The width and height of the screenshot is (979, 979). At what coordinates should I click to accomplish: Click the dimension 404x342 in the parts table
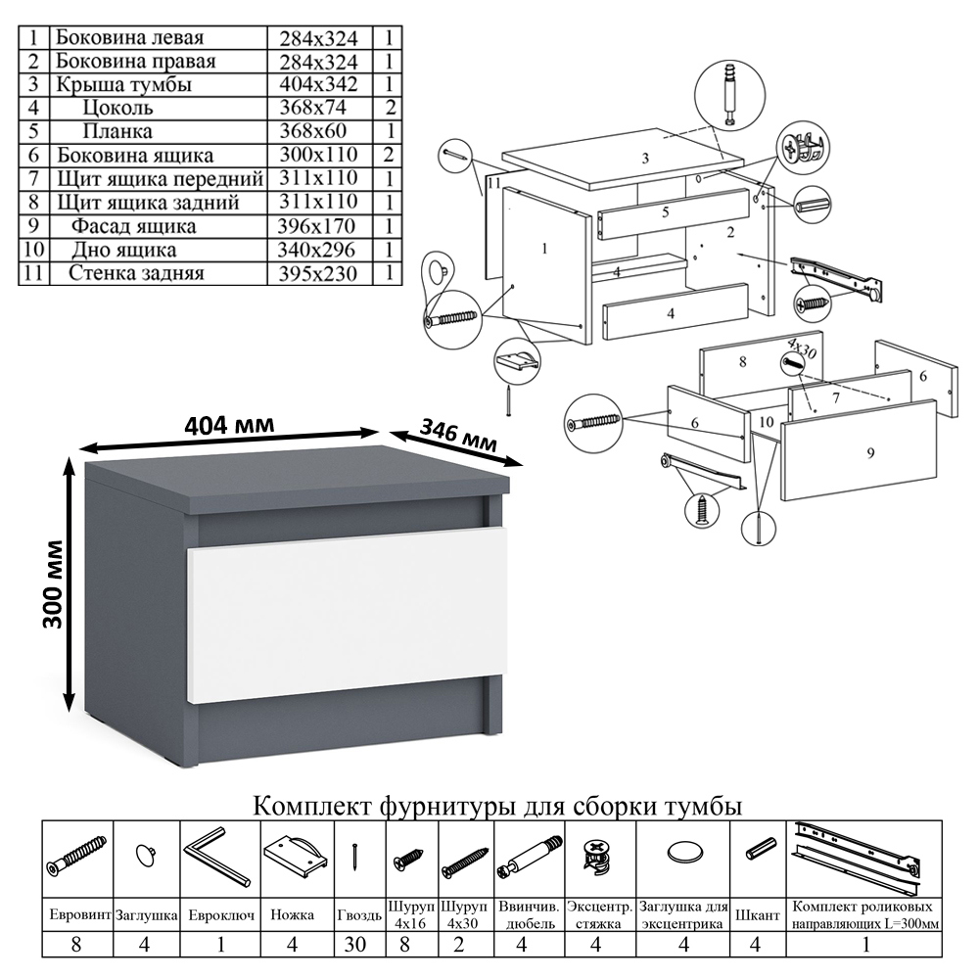[320, 85]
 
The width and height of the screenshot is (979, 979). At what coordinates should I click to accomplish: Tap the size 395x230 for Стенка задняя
[320, 273]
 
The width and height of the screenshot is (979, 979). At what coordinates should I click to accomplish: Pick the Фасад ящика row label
[133, 226]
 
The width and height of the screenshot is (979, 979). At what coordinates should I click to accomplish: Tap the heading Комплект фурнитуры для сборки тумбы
[497, 807]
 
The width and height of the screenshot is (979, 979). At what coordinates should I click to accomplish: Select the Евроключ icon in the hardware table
[219, 855]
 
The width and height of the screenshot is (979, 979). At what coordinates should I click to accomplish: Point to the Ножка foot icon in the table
[294, 856]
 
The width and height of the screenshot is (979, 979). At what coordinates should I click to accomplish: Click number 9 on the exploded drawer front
[869, 451]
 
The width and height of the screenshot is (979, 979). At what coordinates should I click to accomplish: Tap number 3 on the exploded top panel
[645, 159]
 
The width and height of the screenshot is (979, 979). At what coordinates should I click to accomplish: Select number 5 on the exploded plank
[665, 212]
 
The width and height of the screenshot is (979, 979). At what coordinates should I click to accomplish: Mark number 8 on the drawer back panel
[743, 362]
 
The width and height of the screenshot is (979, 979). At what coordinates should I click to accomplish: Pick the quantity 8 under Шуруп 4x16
[412, 946]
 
